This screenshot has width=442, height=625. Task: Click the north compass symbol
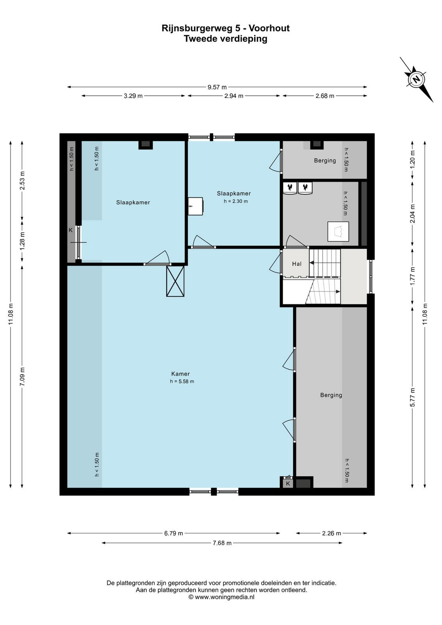point(416,80)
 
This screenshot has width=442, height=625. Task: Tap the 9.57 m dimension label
point(217,87)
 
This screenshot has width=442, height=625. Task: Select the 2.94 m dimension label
point(233,96)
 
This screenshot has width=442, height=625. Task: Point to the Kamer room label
point(180,374)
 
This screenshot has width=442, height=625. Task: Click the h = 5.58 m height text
point(182,381)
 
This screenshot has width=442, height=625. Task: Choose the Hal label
point(297,264)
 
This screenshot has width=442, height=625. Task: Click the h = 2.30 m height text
point(235,201)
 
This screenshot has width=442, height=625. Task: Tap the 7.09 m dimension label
point(22,377)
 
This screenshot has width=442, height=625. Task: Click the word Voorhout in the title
point(269,28)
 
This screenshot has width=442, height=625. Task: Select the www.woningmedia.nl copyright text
point(222,597)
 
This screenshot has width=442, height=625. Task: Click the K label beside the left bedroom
point(71,230)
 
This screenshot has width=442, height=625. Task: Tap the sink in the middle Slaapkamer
point(195,206)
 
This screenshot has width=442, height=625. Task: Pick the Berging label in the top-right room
point(325,161)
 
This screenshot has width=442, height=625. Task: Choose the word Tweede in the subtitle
point(201,39)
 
